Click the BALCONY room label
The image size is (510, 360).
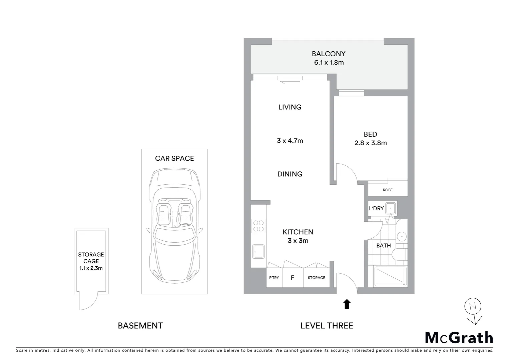[328, 54]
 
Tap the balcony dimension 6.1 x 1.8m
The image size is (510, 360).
[329, 63]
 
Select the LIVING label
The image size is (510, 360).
[290, 107]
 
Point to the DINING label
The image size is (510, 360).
[290, 174]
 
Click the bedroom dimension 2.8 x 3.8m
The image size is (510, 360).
[370, 143]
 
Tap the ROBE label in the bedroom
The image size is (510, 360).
[388, 190]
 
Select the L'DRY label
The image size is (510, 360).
[376, 208]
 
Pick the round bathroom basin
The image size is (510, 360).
[402, 237]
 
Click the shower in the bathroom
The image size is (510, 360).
[391, 276]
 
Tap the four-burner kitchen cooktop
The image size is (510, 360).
[259, 226]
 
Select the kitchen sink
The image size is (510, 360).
[259, 251]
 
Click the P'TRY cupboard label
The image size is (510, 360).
[274, 278]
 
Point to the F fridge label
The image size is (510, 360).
[293, 278]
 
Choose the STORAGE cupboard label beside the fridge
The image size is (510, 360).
[316, 278]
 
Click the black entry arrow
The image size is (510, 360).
[347, 304]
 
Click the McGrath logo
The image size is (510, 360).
[459, 338]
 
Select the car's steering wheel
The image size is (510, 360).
[184, 226]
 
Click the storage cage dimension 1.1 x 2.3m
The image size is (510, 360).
[91, 268]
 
